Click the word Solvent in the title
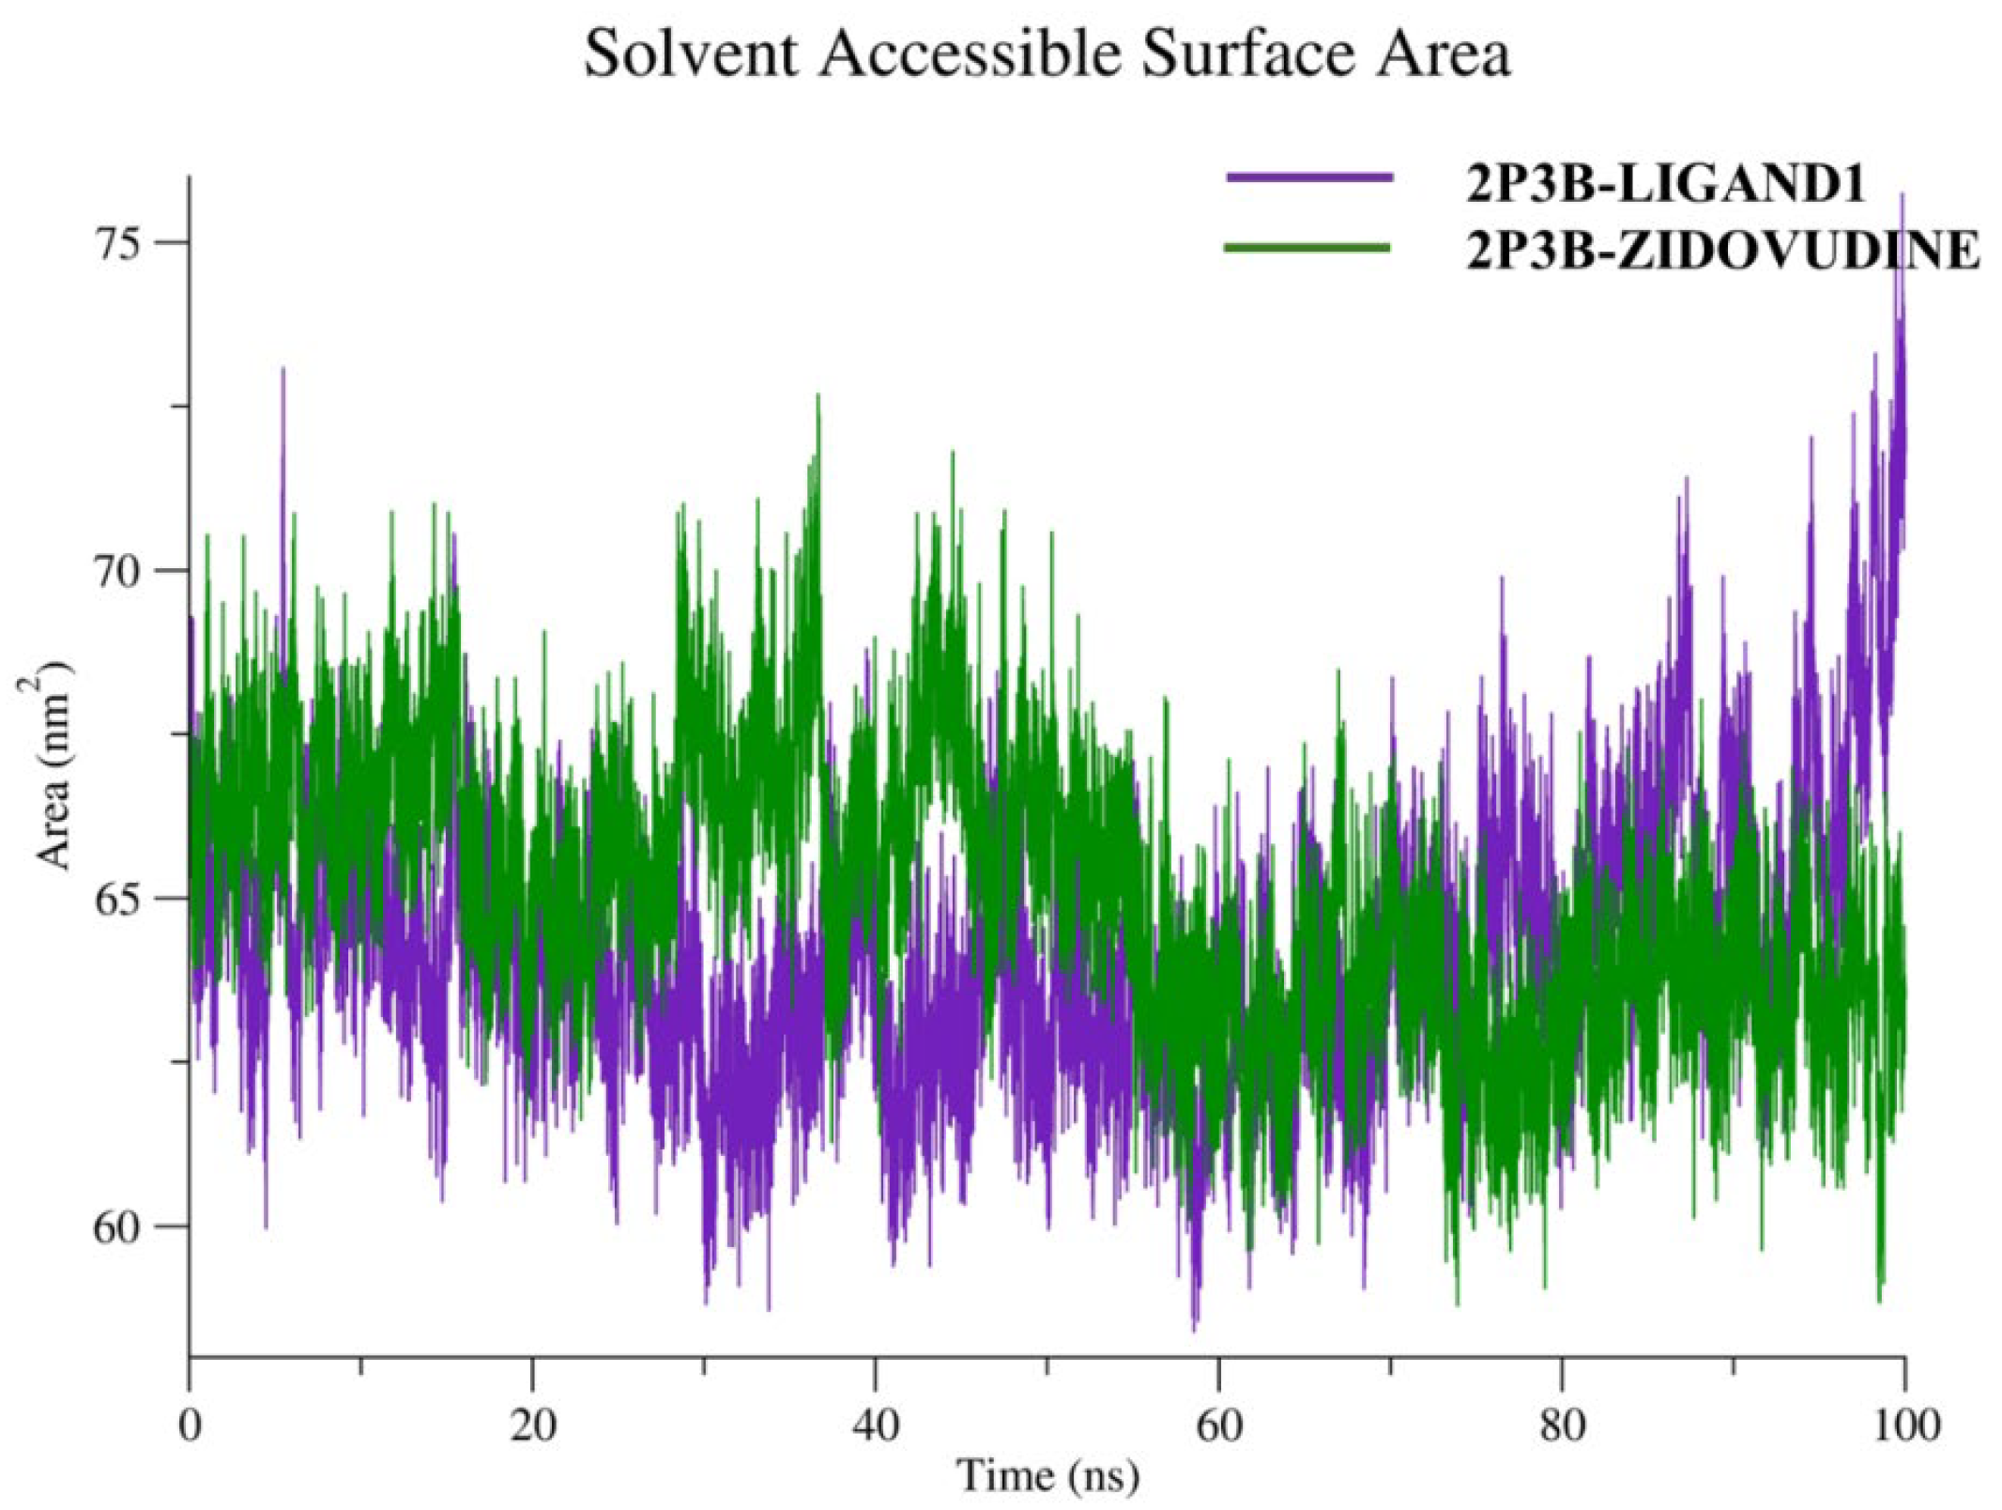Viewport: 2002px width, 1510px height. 691,54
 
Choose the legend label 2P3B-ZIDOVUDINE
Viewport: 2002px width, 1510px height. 1723,251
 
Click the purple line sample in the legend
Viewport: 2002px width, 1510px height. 1308,177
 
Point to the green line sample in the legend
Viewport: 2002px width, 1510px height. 1307,248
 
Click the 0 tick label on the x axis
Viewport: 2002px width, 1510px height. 190,1425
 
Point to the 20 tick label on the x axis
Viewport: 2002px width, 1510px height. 532,1425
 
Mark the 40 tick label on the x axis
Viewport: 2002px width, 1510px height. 875,1425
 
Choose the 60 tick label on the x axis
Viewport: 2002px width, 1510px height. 1218,1425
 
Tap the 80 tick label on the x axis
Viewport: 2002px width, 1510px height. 1562,1425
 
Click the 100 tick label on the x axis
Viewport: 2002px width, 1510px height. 1903,1425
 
